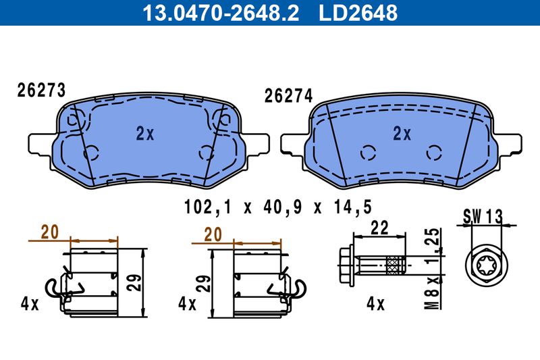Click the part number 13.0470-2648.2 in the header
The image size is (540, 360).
pyautogui.click(x=221, y=13)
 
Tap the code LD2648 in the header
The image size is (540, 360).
pyautogui.click(x=358, y=13)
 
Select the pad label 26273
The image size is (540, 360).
pyautogui.click(x=41, y=91)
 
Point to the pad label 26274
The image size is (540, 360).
pyautogui.click(x=289, y=96)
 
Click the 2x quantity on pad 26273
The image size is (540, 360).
pyautogui.click(x=145, y=133)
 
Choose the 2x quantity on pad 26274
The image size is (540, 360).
pyautogui.click(x=402, y=133)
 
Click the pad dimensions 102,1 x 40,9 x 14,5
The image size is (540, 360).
pyautogui.click(x=278, y=207)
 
